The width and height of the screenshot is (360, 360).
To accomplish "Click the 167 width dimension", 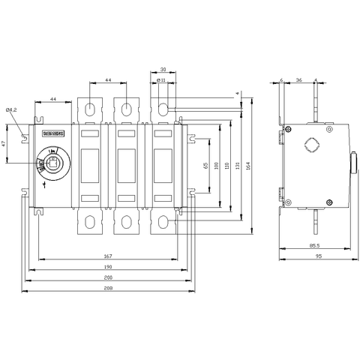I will pyautogui.click(x=109, y=256).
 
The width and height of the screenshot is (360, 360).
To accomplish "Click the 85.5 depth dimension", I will pyautogui.click(x=311, y=245).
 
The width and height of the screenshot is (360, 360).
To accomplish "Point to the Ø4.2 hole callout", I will pyautogui.click(x=13, y=110).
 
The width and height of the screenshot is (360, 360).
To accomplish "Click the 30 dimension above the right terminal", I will pyautogui.click(x=163, y=69).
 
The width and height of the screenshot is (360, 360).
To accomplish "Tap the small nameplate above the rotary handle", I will pyautogui.click(x=55, y=133).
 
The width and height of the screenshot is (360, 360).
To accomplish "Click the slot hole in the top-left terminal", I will pyautogui.click(x=90, y=109).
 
